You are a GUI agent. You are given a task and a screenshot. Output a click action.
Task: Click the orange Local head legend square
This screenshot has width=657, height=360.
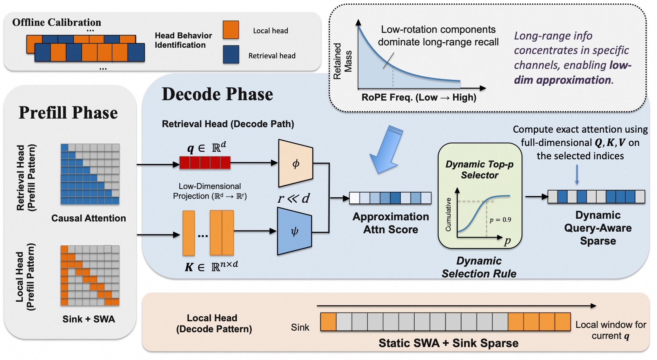click(x=231, y=30)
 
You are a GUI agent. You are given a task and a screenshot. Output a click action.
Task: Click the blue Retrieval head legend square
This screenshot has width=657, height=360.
click(x=231, y=54)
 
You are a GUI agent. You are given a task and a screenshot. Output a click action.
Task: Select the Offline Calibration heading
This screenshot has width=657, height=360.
click(x=57, y=22)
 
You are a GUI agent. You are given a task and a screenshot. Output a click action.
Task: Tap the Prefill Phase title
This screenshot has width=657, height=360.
click(x=69, y=113)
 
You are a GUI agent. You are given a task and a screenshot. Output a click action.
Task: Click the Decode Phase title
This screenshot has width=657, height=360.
click(x=217, y=94)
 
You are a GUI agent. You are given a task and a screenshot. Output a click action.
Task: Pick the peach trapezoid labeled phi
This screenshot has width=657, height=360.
click(x=296, y=163)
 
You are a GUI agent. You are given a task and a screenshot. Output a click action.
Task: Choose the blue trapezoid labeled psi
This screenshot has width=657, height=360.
click(x=294, y=231)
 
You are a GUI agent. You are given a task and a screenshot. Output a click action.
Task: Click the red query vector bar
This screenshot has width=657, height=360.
click(x=205, y=163)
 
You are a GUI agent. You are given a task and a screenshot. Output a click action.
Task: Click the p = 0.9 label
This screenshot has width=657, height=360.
click(x=500, y=220)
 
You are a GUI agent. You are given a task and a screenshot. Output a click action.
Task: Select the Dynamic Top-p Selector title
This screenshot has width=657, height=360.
click(x=480, y=169)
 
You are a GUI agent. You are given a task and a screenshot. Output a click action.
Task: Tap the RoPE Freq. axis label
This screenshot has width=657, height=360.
click(x=419, y=97)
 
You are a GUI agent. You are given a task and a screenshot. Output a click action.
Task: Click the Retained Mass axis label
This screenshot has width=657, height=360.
click(x=342, y=61)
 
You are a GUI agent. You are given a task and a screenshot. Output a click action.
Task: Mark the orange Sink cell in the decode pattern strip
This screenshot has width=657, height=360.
click(x=328, y=322)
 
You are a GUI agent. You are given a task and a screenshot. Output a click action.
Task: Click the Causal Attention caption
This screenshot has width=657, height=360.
click(x=88, y=218)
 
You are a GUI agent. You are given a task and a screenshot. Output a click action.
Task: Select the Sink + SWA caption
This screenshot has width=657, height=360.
click(x=88, y=319)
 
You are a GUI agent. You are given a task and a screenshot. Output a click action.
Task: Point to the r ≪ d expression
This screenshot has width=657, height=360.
click(x=294, y=198)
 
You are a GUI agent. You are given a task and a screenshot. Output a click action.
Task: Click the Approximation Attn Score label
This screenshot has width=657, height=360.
click(x=391, y=223)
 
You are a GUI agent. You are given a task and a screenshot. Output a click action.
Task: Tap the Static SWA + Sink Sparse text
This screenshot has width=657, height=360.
click(x=448, y=343)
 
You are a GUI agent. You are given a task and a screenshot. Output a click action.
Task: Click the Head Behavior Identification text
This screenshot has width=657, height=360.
click(x=183, y=40)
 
